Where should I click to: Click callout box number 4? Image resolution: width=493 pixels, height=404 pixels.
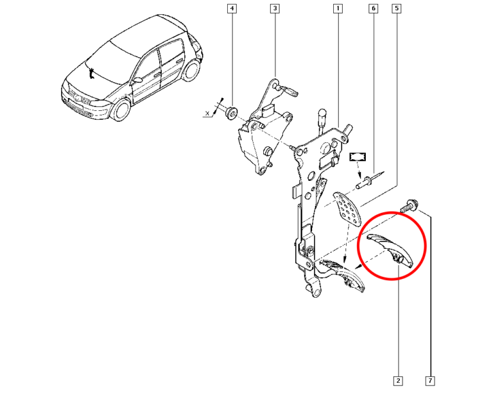click(x=232, y=9)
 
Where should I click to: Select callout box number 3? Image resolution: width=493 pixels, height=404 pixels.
click(x=274, y=9)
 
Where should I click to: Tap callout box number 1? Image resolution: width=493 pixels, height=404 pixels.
click(x=338, y=9)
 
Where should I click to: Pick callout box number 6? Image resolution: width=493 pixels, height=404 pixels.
click(x=372, y=9)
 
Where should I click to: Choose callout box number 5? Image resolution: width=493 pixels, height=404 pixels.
click(x=397, y=9)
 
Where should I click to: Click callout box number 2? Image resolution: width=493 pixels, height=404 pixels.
click(x=398, y=381)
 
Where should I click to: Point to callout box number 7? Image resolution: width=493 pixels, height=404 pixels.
click(x=429, y=381)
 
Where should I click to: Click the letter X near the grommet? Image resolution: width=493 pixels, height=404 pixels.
click(x=207, y=114)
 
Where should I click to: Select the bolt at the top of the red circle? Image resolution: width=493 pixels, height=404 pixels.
click(x=408, y=206)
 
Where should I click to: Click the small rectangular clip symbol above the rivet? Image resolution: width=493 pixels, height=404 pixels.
click(x=357, y=156)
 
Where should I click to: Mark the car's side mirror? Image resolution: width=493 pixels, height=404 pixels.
click(x=137, y=80)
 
